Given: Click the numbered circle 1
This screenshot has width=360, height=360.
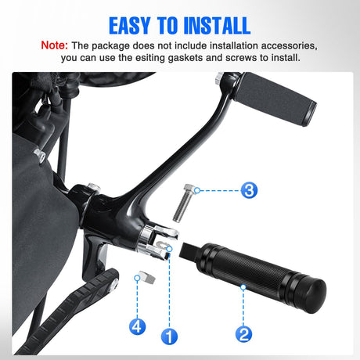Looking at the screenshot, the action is (x=169, y=336).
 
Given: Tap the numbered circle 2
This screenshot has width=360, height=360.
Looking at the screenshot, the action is (x=243, y=334).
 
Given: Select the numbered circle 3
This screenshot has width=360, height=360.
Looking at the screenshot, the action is (x=249, y=190).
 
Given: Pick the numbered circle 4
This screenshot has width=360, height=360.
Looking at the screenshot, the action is (x=137, y=326).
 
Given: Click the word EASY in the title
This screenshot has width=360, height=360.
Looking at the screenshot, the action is (x=130, y=26).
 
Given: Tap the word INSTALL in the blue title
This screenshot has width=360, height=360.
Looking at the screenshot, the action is (x=217, y=26).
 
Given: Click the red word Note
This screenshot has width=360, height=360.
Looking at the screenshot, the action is (x=54, y=45).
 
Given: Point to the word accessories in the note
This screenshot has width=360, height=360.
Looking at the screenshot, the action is (x=289, y=45).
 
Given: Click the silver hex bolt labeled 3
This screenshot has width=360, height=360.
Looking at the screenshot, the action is (x=184, y=203).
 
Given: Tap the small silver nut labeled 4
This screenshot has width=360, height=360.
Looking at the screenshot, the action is (x=147, y=277).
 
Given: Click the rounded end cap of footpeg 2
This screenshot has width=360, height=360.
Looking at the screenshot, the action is (x=314, y=295).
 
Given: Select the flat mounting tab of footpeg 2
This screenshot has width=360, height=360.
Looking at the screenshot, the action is (x=189, y=250).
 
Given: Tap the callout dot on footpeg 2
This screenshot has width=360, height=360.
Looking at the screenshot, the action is (x=243, y=287).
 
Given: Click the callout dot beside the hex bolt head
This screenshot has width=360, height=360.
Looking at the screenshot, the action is (x=197, y=190).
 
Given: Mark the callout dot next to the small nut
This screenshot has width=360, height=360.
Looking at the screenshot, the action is (x=137, y=278).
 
